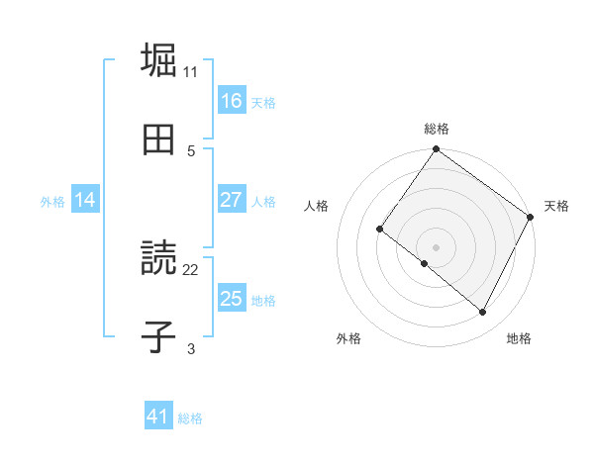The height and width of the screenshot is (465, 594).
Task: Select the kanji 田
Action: tap(158, 140)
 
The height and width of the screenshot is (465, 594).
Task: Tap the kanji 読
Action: tap(158, 259)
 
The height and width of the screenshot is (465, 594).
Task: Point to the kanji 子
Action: tap(158, 338)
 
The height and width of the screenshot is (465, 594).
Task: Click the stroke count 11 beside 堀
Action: tap(191, 72)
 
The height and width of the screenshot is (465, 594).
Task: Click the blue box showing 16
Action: tap(232, 101)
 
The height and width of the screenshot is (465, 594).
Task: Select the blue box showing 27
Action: tap(232, 200)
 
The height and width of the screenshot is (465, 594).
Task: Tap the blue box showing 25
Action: tap(232, 299)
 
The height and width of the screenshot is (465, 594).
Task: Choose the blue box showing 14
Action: tap(85, 200)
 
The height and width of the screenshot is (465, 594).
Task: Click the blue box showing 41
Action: tap(158, 418)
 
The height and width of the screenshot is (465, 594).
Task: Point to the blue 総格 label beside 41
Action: tap(190, 418)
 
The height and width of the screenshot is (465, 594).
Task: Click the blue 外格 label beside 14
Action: tap(52, 201)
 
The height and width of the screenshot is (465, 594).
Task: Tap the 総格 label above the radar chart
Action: tap(437, 129)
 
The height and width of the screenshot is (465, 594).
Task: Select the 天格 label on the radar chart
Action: tap(557, 206)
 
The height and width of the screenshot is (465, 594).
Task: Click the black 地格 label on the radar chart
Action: tap(519, 339)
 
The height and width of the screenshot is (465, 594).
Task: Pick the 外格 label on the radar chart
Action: tap(348, 339)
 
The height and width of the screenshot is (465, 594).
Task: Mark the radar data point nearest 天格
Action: tap(531, 217)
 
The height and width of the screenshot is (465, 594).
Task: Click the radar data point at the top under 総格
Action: tap(437, 150)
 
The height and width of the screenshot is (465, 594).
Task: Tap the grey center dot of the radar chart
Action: tap(437, 246)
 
